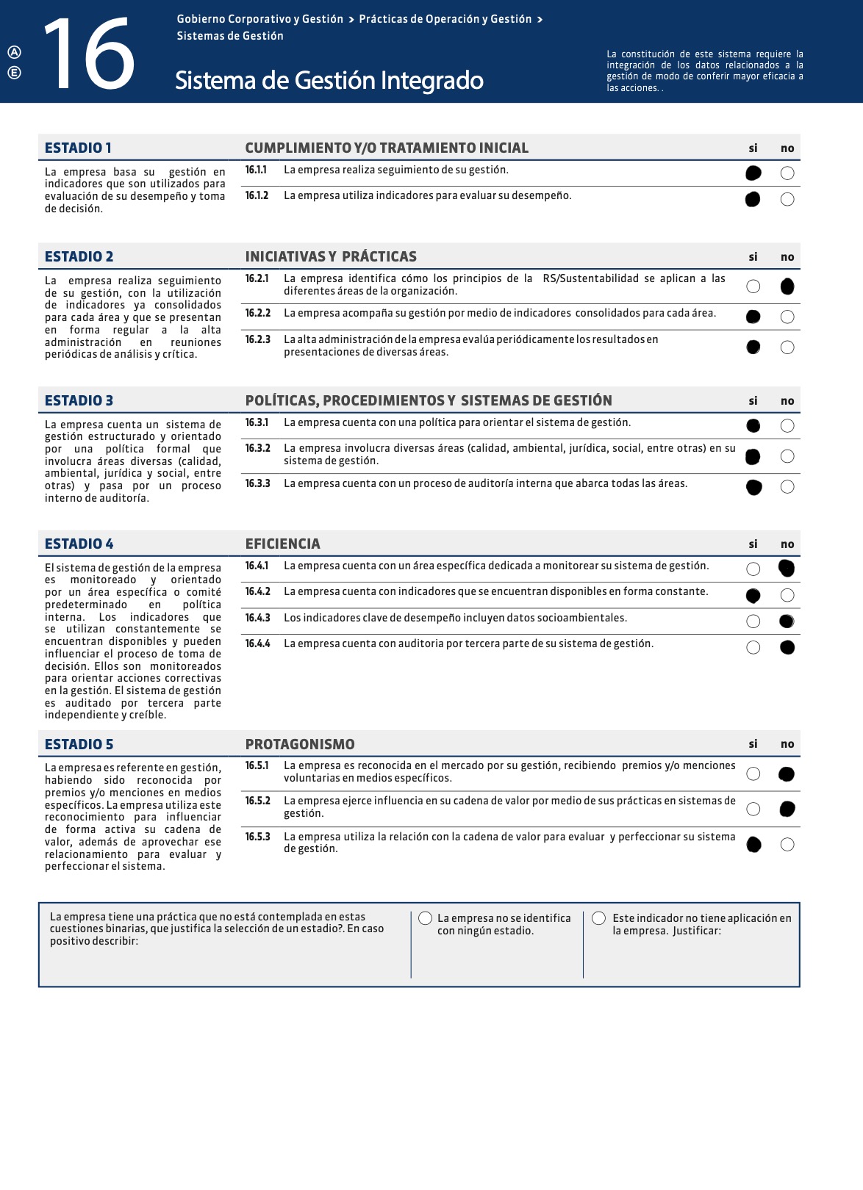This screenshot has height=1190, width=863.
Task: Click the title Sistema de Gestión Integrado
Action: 329,80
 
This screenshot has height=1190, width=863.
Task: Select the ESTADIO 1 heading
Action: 78,148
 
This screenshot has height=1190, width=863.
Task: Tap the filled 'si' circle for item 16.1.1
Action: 753,173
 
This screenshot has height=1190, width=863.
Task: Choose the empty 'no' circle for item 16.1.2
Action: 787,199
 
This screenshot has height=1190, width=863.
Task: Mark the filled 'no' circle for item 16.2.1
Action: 787,286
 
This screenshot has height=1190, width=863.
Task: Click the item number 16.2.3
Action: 257,339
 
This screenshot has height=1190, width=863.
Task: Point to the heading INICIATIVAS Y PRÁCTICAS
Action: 331,256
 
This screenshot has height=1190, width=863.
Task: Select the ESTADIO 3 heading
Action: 79,400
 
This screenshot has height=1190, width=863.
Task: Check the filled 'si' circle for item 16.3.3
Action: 753,487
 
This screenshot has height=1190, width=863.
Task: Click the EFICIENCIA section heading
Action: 282,544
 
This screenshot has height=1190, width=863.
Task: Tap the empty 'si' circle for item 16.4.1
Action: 753,569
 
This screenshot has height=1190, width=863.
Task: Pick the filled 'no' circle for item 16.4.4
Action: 787,647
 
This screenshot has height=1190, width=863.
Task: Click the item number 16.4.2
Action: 257,591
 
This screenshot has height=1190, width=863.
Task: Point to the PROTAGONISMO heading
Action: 300,744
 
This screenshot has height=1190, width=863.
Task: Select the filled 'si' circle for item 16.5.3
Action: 753,845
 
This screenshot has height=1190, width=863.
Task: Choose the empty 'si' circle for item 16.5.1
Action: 753,773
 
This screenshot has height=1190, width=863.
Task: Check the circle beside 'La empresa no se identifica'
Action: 425,918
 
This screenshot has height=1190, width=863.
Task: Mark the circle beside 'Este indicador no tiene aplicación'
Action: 598,918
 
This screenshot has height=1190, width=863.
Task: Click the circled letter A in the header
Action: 14,51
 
